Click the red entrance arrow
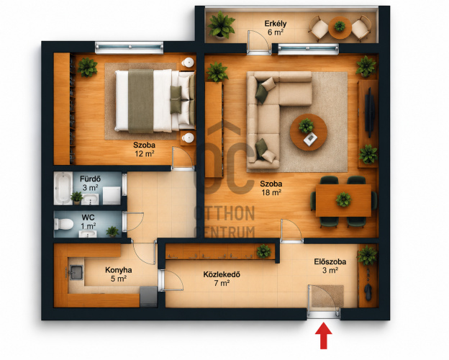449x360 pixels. tap(324, 336)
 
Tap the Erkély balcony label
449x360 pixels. tap(275, 23)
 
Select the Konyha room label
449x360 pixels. tap(119, 270)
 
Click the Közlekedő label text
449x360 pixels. tap(222, 274)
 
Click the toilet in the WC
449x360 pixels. tap(63, 224)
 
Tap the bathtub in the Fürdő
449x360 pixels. tap(63, 188)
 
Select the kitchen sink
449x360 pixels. tap(76, 272)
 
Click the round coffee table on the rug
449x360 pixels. tap(309, 132)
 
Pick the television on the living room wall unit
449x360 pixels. tap(369, 112)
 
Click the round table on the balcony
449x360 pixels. tap(340, 27)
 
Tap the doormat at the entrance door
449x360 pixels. tap(327, 296)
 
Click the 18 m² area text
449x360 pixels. tap(271, 192)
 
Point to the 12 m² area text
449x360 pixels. tap(145, 154)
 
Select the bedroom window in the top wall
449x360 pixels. tap(129, 48)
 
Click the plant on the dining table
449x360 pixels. tap(343, 199)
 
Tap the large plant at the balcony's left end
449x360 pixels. tap(222, 25)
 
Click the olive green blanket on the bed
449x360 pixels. tap(140, 102)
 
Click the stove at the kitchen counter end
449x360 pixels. tap(148, 297)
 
